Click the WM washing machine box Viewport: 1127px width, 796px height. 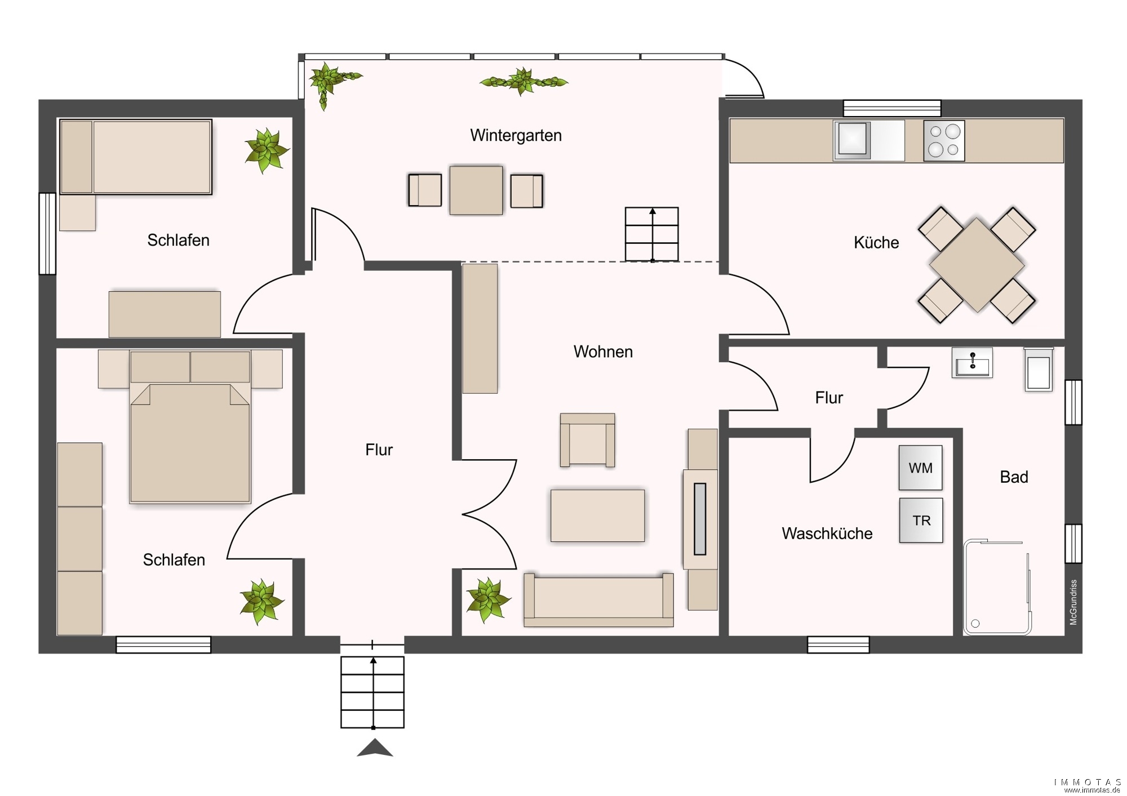click(920, 468)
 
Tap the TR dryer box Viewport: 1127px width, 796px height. click(921, 520)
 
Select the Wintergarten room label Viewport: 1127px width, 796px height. click(516, 136)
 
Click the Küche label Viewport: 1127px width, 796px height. click(876, 242)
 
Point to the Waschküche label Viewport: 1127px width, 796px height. click(827, 533)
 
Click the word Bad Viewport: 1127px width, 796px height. click(1014, 477)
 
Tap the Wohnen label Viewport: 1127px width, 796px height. click(603, 352)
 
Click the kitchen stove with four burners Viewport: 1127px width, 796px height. click(944, 141)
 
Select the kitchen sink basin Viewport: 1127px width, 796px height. click(851, 139)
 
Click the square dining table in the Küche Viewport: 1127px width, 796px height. click(977, 265)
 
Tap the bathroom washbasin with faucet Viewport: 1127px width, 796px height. click(972, 362)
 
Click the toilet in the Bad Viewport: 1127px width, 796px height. click(1039, 370)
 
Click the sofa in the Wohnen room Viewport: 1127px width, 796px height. click(598, 600)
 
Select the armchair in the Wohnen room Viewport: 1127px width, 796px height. click(587, 440)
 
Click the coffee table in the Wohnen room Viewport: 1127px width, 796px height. click(597, 515)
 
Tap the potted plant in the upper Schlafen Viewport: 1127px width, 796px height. click(266, 150)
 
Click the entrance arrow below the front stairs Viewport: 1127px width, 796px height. click(375, 748)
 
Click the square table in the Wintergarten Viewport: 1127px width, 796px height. click(476, 190)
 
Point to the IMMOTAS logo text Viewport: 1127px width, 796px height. click(1088, 782)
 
